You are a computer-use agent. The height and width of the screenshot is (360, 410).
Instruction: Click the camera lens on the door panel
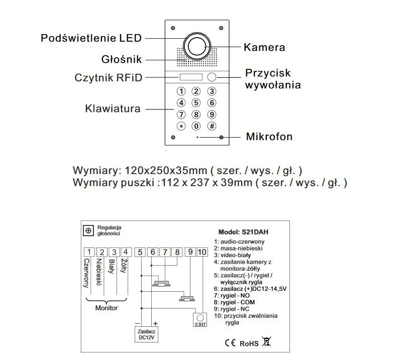[197, 47]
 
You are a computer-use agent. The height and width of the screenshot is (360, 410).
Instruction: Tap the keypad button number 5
[196, 103]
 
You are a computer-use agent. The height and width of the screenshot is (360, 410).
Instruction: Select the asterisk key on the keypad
[181, 127]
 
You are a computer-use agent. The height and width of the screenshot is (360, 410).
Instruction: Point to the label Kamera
[264, 48]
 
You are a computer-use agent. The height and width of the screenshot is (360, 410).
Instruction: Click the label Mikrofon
[269, 137]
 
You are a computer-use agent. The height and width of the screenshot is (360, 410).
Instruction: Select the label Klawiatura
[113, 108]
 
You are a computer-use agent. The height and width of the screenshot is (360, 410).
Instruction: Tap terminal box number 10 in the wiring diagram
[201, 252]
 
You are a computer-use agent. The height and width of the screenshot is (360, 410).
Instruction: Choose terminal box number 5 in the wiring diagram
[141, 252]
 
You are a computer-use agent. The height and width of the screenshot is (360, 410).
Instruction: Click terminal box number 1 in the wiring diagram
[88, 252]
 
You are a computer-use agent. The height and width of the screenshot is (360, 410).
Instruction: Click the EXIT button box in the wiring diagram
[200, 320]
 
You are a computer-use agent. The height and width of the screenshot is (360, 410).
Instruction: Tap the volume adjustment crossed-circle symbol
[88, 230]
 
